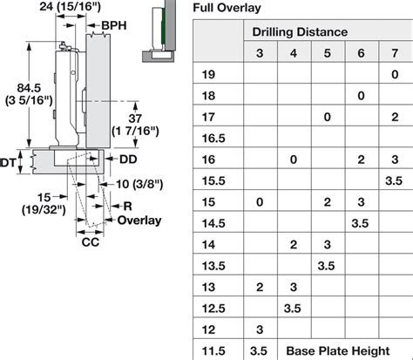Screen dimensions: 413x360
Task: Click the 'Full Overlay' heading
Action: click(x=227, y=8)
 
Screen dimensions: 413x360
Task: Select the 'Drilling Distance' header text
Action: click(x=300, y=32)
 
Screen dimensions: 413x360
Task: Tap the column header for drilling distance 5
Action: click(x=328, y=53)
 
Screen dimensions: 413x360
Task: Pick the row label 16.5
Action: click(x=213, y=139)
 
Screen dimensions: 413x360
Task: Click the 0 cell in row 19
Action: click(x=395, y=75)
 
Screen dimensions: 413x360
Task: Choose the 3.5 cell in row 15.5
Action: click(x=394, y=180)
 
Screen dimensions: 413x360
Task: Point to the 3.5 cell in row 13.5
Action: click(x=326, y=266)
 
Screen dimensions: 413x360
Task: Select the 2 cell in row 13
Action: click(x=260, y=287)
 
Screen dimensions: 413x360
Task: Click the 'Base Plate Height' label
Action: click(x=338, y=351)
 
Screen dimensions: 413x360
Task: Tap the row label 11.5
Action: click(x=213, y=351)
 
